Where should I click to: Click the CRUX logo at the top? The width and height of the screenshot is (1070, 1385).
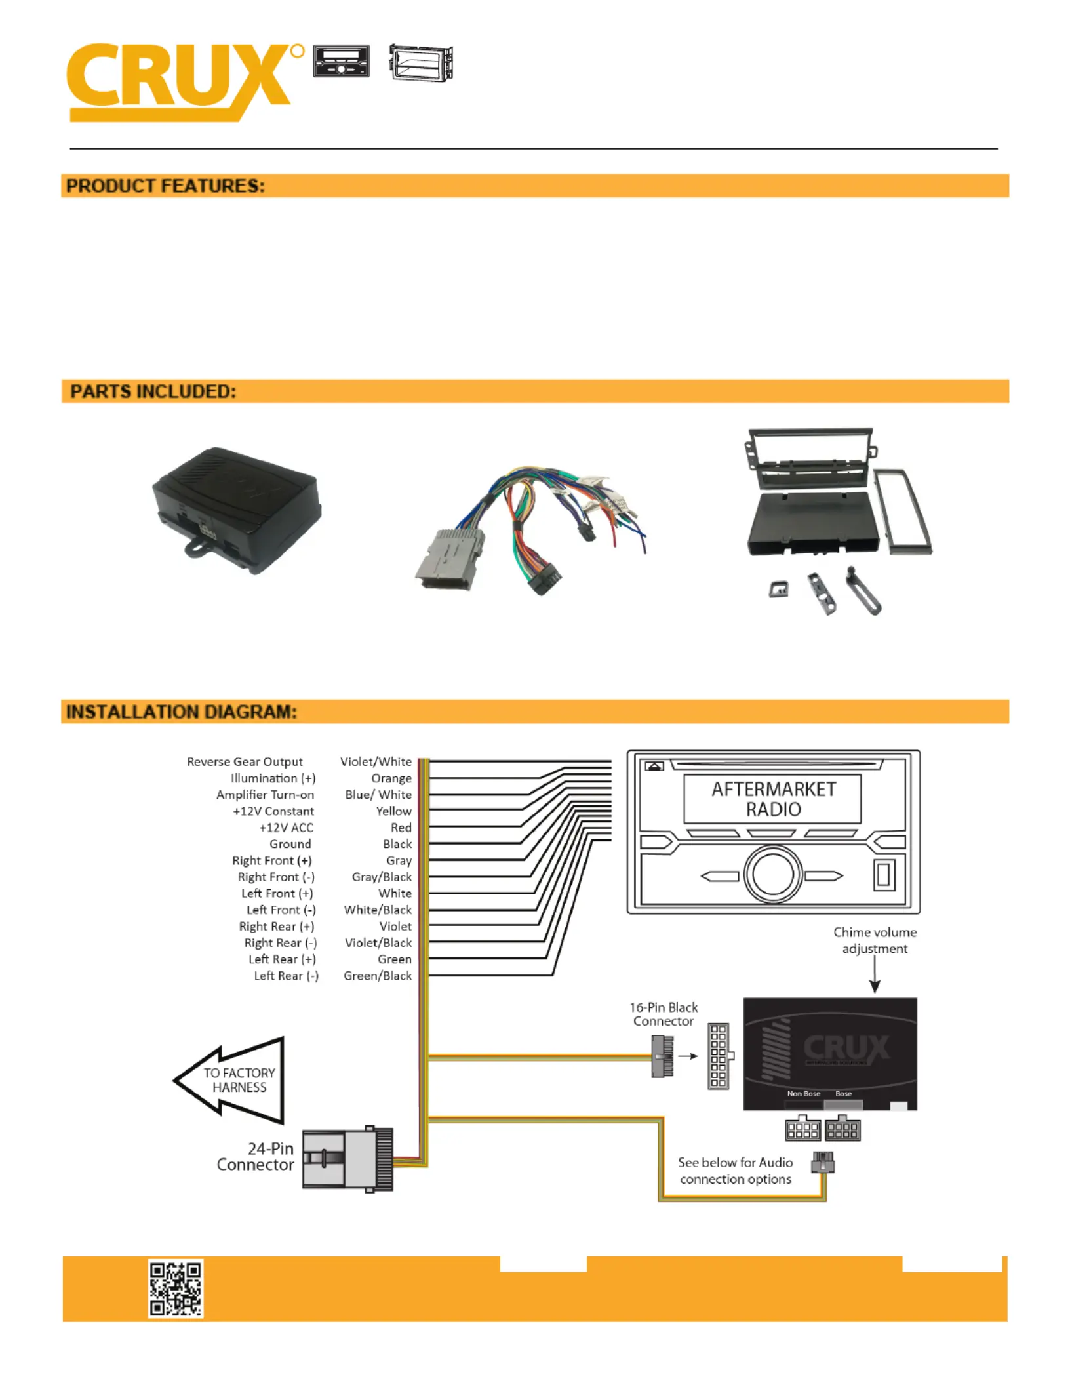click(186, 82)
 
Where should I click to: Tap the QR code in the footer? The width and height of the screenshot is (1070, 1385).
click(176, 1288)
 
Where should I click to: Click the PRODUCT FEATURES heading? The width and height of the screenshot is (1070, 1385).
click(165, 186)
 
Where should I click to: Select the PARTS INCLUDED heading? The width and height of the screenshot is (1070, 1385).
click(153, 391)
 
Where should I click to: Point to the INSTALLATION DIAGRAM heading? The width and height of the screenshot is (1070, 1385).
click(182, 712)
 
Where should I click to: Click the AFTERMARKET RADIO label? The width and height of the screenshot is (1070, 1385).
click(774, 799)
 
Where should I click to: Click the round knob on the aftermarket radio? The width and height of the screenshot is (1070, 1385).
click(773, 874)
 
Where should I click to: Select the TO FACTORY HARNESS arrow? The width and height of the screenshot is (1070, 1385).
click(229, 1080)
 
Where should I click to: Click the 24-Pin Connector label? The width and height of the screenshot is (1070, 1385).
click(255, 1156)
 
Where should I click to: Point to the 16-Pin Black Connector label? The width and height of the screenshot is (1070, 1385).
click(664, 1014)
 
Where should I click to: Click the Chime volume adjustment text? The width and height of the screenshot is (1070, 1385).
click(875, 940)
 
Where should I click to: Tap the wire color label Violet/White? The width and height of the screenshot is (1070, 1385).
click(376, 761)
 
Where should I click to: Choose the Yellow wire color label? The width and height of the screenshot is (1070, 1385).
click(393, 811)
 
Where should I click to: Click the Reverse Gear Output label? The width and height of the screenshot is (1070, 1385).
click(245, 761)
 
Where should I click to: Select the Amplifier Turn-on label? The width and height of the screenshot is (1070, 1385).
click(265, 795)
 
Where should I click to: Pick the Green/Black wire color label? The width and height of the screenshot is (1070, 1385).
click(378, 976)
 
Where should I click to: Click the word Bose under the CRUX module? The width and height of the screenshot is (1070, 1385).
click(844, 1094)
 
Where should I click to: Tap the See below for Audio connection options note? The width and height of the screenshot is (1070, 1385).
click(735, 1171)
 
